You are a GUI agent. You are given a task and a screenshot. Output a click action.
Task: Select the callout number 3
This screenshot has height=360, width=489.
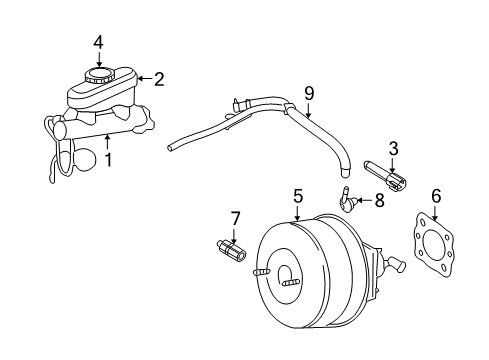point(394,149)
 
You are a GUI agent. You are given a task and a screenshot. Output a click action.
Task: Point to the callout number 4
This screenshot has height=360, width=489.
point(98,41)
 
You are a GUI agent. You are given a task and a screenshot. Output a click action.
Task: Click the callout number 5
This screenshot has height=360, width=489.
point(297,196)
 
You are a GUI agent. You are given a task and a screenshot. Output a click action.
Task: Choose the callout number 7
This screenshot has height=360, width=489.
point(236,217)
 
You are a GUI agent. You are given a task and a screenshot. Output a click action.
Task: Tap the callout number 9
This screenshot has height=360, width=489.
point(309,93)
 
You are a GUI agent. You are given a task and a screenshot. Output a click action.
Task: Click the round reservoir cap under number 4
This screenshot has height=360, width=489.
point(99,75)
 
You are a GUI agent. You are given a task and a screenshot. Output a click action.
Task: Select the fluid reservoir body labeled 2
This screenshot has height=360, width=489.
point(100,95)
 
